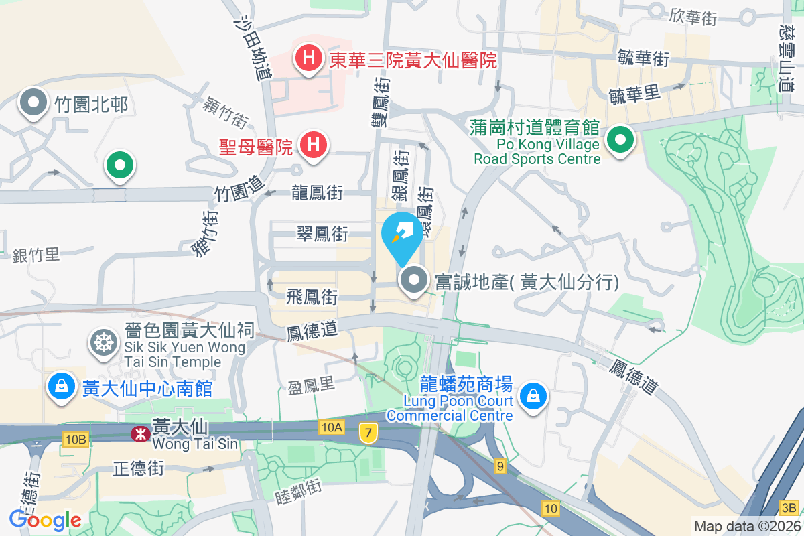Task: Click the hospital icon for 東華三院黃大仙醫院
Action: click(x=308, y=58)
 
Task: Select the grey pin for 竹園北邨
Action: click(x=34, y=103)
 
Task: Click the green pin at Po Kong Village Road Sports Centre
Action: click(x=620, y=141)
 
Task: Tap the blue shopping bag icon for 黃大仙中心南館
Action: click(x=61, y=387)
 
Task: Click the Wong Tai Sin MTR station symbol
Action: click(x=140, y=434)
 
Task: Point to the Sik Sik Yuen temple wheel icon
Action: click(x=104, y=343)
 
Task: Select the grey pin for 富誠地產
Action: click(x=414, y=281)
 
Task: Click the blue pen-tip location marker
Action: click(x=401, y=235)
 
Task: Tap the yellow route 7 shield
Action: click(x=366, y=433)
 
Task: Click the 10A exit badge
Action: click(x=331, y=427)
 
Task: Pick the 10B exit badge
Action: click(x=76, y=440)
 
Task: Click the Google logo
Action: click(x=46, y=519)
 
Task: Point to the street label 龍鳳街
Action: click(x=318, y=194)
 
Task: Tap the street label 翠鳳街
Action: click(x=322, y=234)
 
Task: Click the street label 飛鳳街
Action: click(x=312, y=297)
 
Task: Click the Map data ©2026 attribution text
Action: click(x=747, y=527)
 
